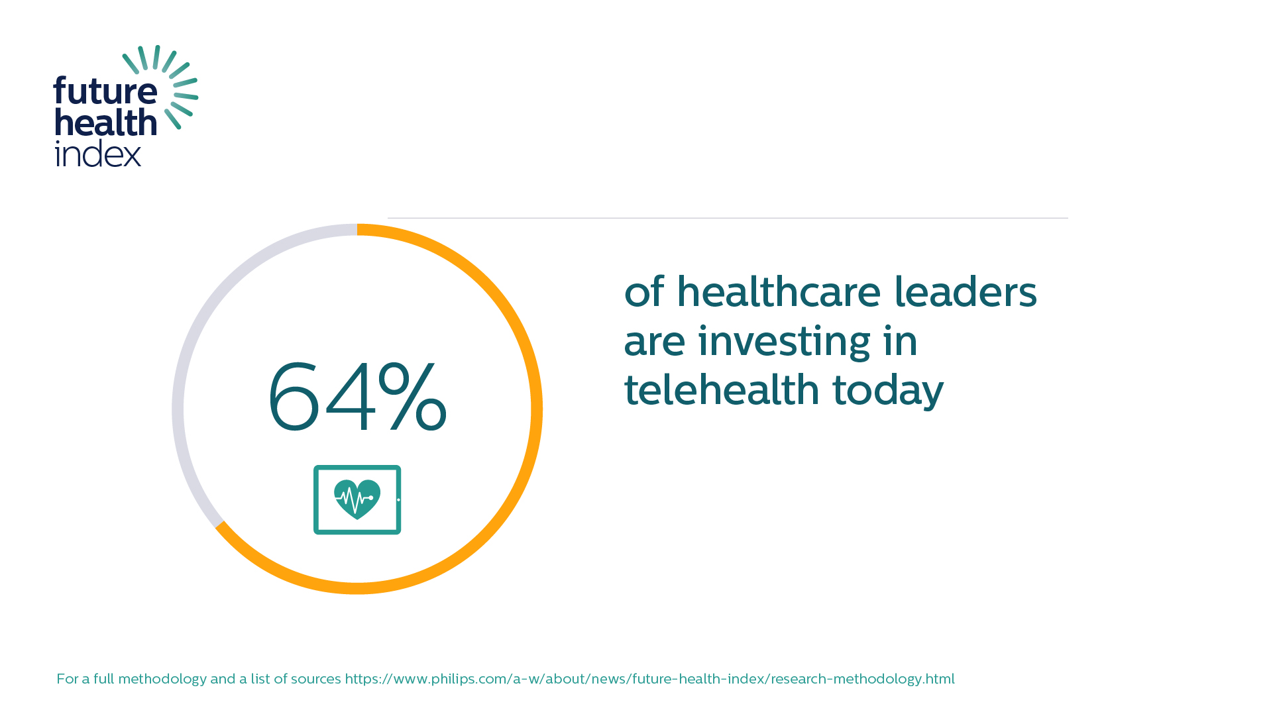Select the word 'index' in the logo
[x=98, y=153]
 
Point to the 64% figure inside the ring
[x=357, y=397]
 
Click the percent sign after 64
[x=412, y=397]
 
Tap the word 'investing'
[x=784, y=342]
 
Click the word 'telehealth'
[x=722, y=389]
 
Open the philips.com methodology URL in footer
[x=649, y=679]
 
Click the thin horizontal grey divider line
[x=728, y=218]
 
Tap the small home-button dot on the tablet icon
[x=398, y=500]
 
